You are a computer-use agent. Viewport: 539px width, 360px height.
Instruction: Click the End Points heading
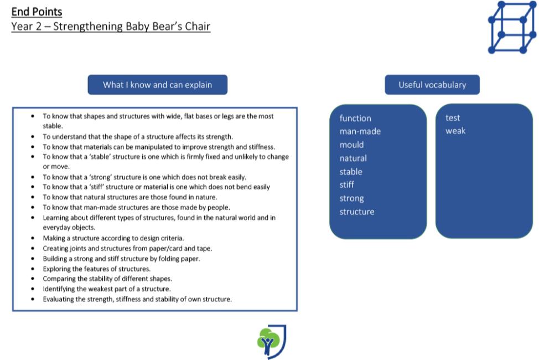(x=37, y=12)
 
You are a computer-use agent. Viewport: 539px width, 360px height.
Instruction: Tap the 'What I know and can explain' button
(x=157, y=85)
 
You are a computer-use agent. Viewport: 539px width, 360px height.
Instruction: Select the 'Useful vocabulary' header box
(x=432, y=85)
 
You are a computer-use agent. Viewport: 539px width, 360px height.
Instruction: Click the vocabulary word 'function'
(x=355, y=119)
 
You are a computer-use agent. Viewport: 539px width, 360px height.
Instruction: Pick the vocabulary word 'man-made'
(x=360, y=131)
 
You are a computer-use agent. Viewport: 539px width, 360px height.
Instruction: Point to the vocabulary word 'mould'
(x=351, y=145)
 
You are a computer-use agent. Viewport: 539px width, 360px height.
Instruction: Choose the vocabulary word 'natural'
(x=354, y=158)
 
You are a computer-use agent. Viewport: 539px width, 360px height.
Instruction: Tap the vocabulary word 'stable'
(x=351, y=172)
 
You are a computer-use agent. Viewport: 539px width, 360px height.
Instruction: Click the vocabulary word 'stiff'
(x=347, y=185)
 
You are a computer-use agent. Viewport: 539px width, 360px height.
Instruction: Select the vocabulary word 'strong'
(x=351, y=199)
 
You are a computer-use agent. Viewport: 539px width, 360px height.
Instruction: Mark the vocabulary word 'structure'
(x=357, y=212)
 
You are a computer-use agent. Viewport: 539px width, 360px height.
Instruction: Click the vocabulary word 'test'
(x=453, y=118)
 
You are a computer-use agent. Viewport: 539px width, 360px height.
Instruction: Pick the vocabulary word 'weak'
(x=455, y=131)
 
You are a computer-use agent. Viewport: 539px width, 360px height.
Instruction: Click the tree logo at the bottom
(x=272, y=342)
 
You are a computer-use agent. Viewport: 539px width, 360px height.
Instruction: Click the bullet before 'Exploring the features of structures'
(x=33, y=269)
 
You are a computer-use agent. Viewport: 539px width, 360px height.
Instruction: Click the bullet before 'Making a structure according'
(x=33, y=238)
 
